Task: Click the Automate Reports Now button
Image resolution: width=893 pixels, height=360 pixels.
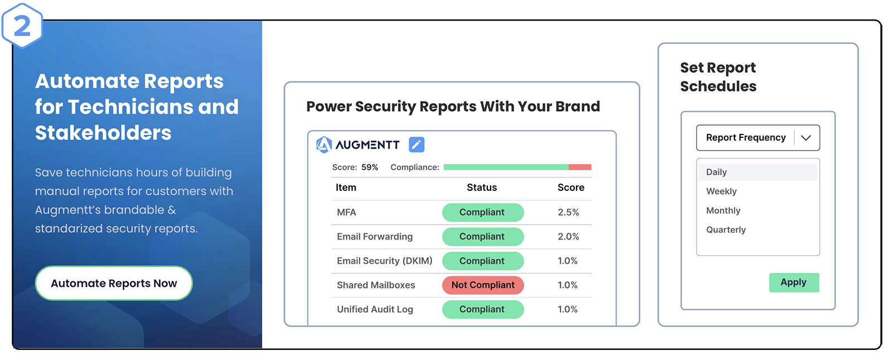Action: pos(114,283)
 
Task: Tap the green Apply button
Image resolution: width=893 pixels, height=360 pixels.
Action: pos(794,282)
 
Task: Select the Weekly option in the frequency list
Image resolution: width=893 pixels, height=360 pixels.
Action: pos(721,191)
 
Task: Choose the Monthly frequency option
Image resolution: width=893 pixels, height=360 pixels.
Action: pos(723,210)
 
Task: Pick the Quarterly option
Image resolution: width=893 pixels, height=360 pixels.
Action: pos(726,229)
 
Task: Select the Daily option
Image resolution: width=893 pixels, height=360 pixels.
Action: pos(717,172)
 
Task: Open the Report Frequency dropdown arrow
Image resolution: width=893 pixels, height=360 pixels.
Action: pos(806,138)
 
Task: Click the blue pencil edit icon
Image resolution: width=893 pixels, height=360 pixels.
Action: pos(416,145)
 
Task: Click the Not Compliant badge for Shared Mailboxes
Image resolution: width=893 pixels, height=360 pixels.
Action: pos(483,285)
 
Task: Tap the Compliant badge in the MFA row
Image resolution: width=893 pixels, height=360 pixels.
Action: pos(483,213)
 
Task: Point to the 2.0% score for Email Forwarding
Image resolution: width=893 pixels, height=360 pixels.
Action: pos(568,237)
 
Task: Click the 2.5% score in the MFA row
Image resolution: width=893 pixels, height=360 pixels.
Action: pos(568,212)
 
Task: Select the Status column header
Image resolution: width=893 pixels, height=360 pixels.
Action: pos(482,188)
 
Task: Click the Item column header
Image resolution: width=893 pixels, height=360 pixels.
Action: pos(345,188)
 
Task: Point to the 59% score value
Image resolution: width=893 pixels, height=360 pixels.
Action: pos(369,167)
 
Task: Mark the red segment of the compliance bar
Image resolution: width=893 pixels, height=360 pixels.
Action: pos(580,167)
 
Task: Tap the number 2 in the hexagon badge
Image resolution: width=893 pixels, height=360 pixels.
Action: pos(22,26)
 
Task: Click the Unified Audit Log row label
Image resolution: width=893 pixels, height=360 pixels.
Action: pos(375,309)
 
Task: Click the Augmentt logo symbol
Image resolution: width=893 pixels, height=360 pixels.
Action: pos(324,145)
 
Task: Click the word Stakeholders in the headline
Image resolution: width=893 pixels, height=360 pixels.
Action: pos(103,133)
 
